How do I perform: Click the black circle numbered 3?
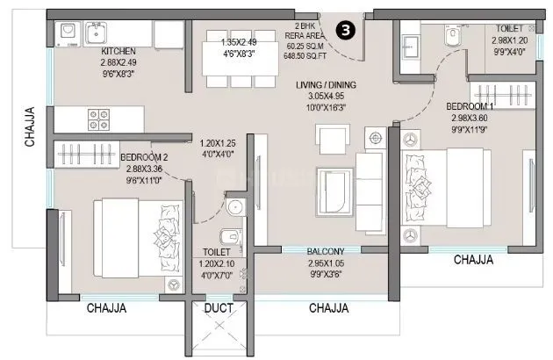click(347, 29)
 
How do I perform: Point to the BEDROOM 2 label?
click(145, 158)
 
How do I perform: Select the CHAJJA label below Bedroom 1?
click(473, 260)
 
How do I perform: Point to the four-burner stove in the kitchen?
click(99, 116)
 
